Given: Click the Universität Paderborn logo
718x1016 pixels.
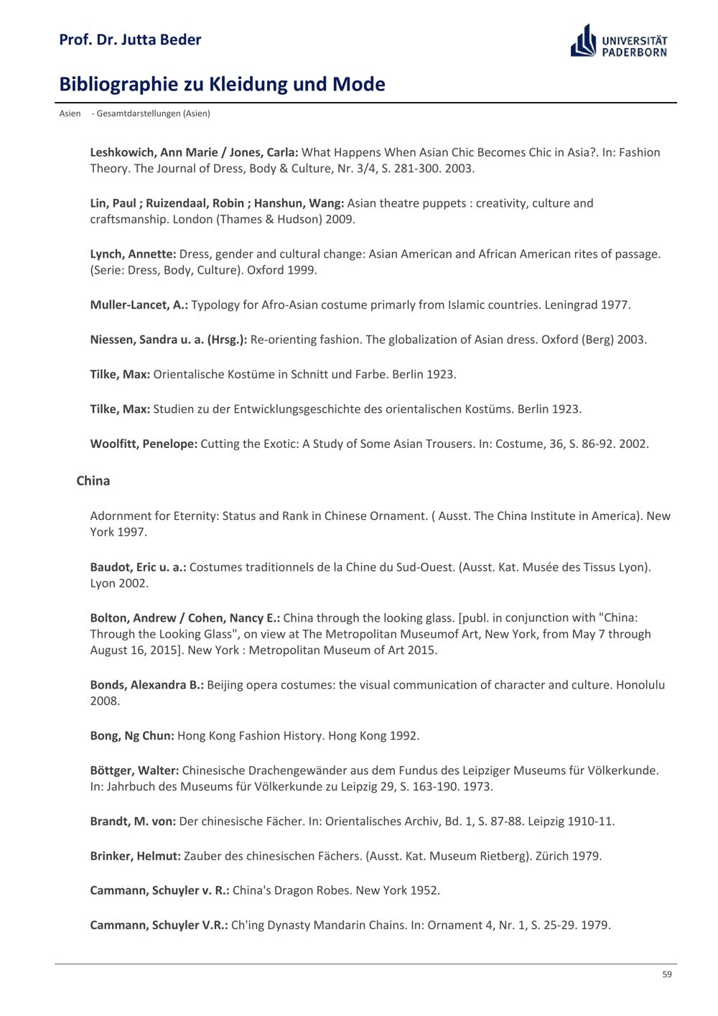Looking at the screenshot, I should coord(619,41).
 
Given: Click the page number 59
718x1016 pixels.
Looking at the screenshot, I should coord(667,974).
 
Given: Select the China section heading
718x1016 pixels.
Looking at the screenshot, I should coord(93,480).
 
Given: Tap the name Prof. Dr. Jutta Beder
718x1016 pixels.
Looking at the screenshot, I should coord(130,39).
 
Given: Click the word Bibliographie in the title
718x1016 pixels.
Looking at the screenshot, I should coord(118,84).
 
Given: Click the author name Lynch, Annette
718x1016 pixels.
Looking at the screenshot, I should coord(133,253).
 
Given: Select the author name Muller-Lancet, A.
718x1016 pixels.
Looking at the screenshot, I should coord(139,304).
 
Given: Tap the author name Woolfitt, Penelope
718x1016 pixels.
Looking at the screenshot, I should coord(144,444).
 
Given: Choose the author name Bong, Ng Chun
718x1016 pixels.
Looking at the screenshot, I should coord(132,735).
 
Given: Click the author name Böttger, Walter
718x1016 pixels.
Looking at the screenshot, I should coord(134,770).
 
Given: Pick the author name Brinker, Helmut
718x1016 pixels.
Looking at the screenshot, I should coord(135,856).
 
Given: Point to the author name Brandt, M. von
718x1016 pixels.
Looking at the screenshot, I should coord(133,821).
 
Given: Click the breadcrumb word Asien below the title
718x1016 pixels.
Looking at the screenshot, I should coord(70,113).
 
